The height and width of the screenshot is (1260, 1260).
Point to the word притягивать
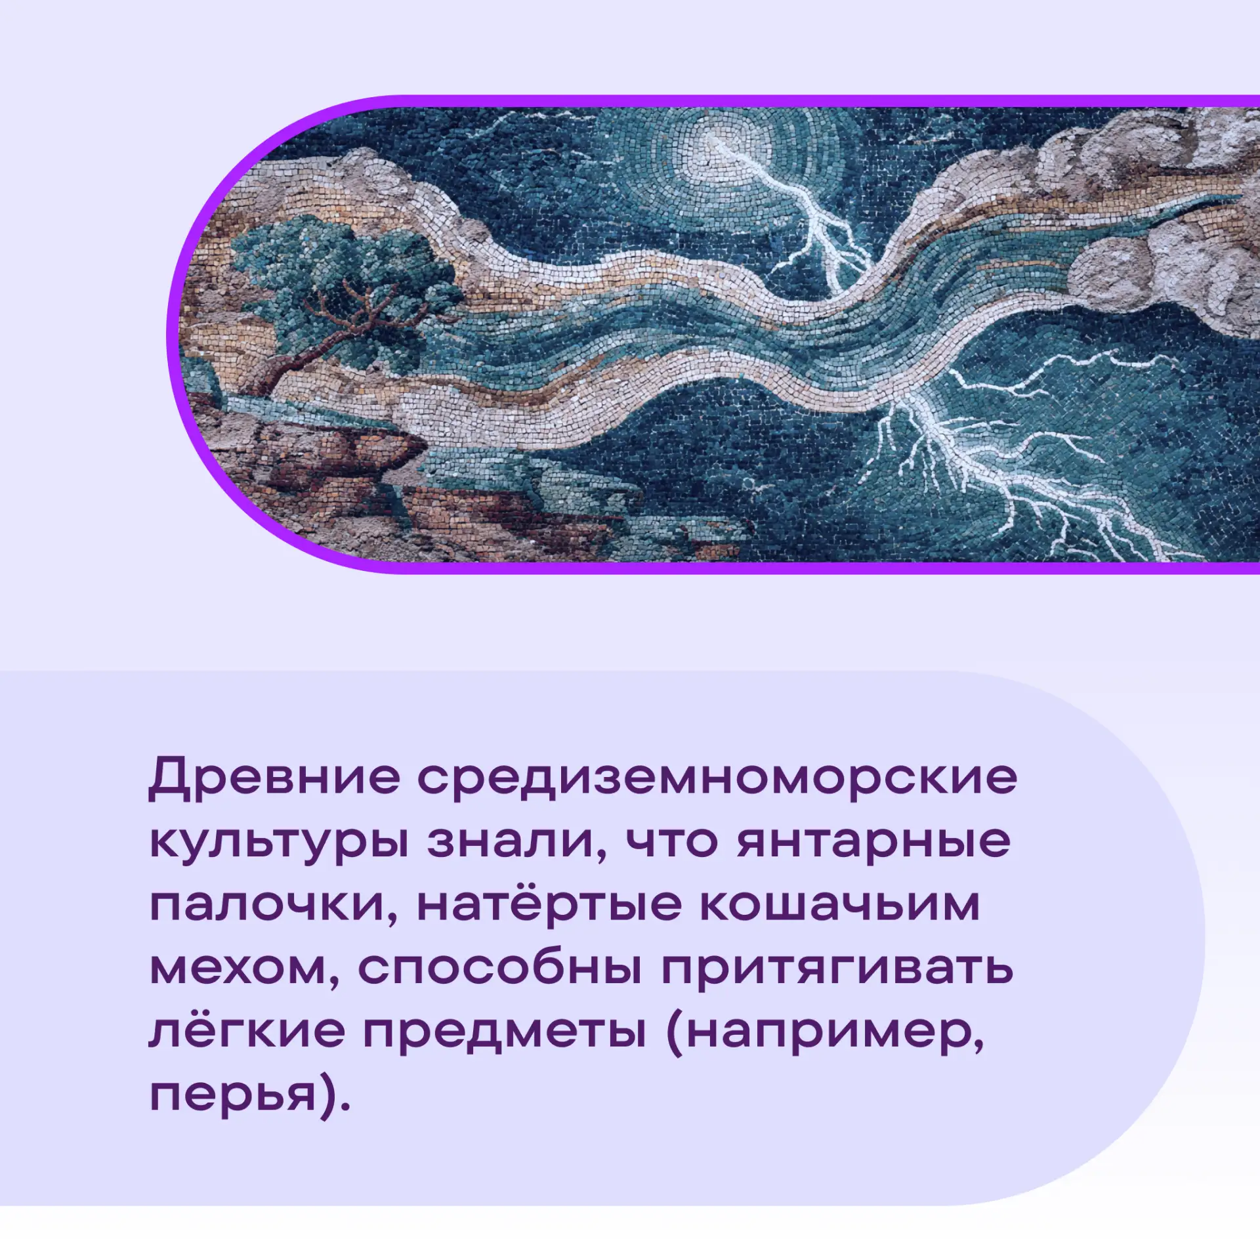[x=837, y=970]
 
